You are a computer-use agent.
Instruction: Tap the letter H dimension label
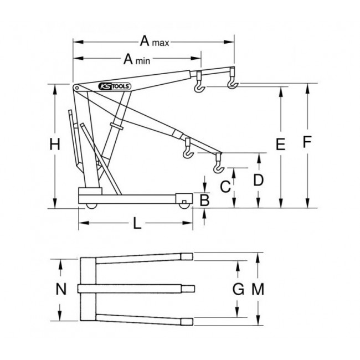pos(54,146)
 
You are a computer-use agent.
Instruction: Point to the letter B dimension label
pos(204,200)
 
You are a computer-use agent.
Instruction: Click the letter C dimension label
pos(225,187)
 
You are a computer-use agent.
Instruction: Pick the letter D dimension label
pos(258,181)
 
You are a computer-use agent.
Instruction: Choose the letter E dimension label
pos(280,146)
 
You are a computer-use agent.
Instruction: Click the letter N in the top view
pos(61,289)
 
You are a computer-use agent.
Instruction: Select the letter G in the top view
pos(237,289)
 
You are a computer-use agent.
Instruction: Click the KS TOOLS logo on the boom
pos(114,86)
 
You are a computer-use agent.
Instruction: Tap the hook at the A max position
pos(233,83)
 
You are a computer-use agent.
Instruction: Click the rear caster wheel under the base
pos(90,207)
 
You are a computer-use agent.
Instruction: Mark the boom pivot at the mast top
pos(75,87)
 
